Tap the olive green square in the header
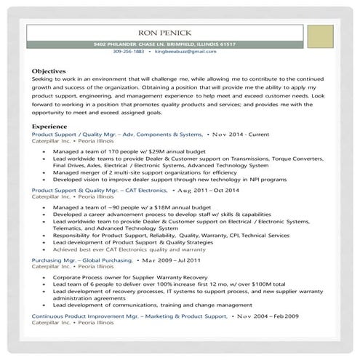319,36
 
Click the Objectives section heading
49,71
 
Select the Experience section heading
49,127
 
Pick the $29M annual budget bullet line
115,152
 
